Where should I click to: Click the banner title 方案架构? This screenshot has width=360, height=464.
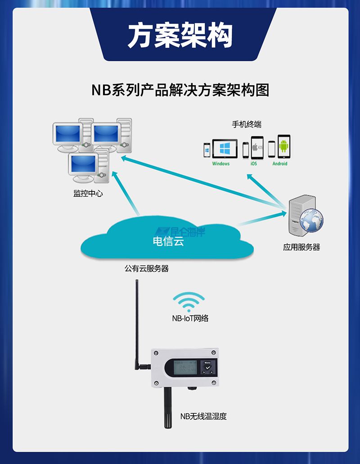(180, 35)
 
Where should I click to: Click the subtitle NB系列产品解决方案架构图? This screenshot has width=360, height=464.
(180, 90)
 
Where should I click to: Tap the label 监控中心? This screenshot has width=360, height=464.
(88, 194)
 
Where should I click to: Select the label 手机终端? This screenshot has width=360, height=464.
(247, 124)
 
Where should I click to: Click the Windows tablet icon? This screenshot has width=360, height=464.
(225, 148)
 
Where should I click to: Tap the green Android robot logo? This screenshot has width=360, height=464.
(283, 146)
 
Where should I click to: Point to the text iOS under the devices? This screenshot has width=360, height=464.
(254, 164)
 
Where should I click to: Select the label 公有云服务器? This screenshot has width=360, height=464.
(147, 268)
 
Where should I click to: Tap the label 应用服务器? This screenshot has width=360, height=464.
(301, 247)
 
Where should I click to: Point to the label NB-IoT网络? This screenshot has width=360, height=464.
(190, 318)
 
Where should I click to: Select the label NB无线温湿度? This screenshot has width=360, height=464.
(203, 417)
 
